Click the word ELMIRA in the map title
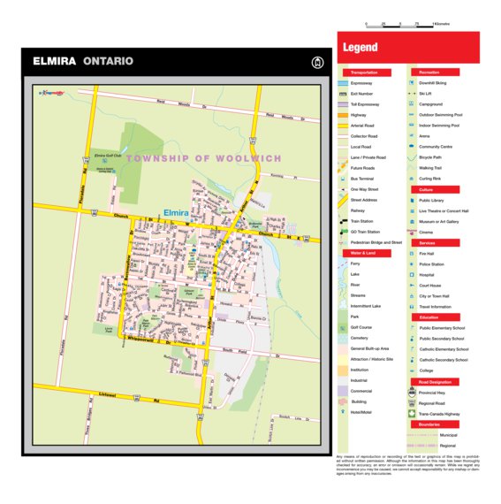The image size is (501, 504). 54,62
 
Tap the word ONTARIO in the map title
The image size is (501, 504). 108,62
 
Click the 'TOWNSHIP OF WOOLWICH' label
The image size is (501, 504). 204,158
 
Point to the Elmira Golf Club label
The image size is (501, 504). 107,154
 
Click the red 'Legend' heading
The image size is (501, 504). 361,48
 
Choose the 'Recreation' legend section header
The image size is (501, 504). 430,73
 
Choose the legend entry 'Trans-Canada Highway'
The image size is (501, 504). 440,413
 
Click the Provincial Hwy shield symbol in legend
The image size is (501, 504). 412,392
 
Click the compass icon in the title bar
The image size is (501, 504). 317,62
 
